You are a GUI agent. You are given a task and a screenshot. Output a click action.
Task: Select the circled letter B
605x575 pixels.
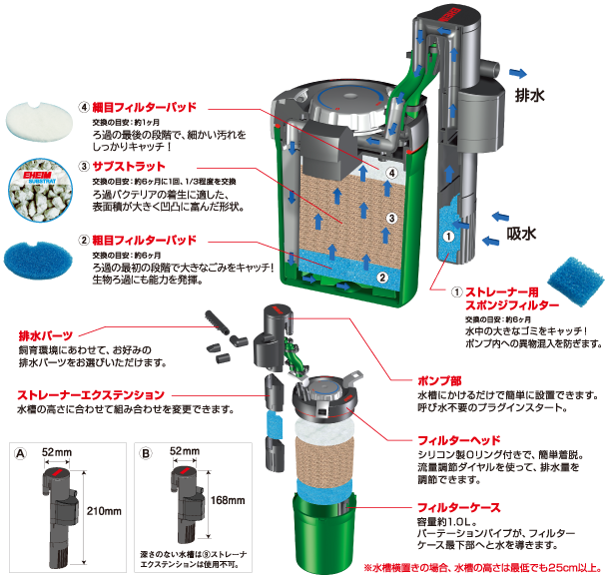click(x=146, y=450)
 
